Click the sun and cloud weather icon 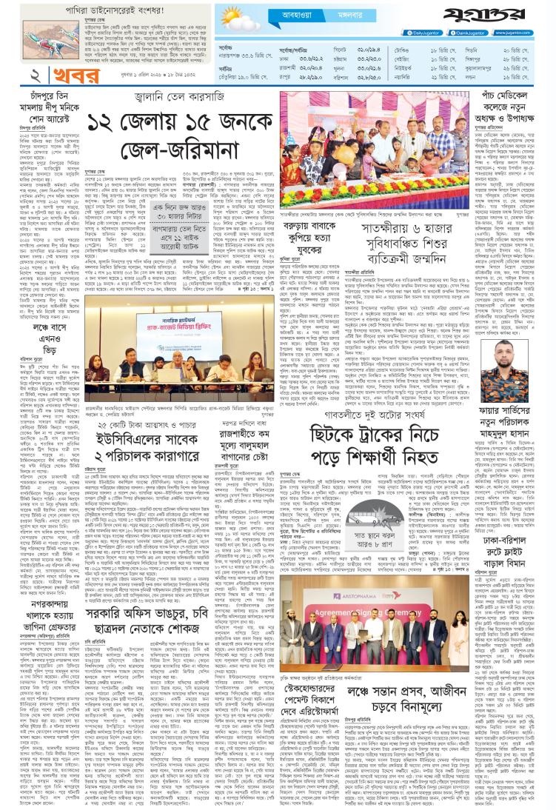click(x=238, y=19)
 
